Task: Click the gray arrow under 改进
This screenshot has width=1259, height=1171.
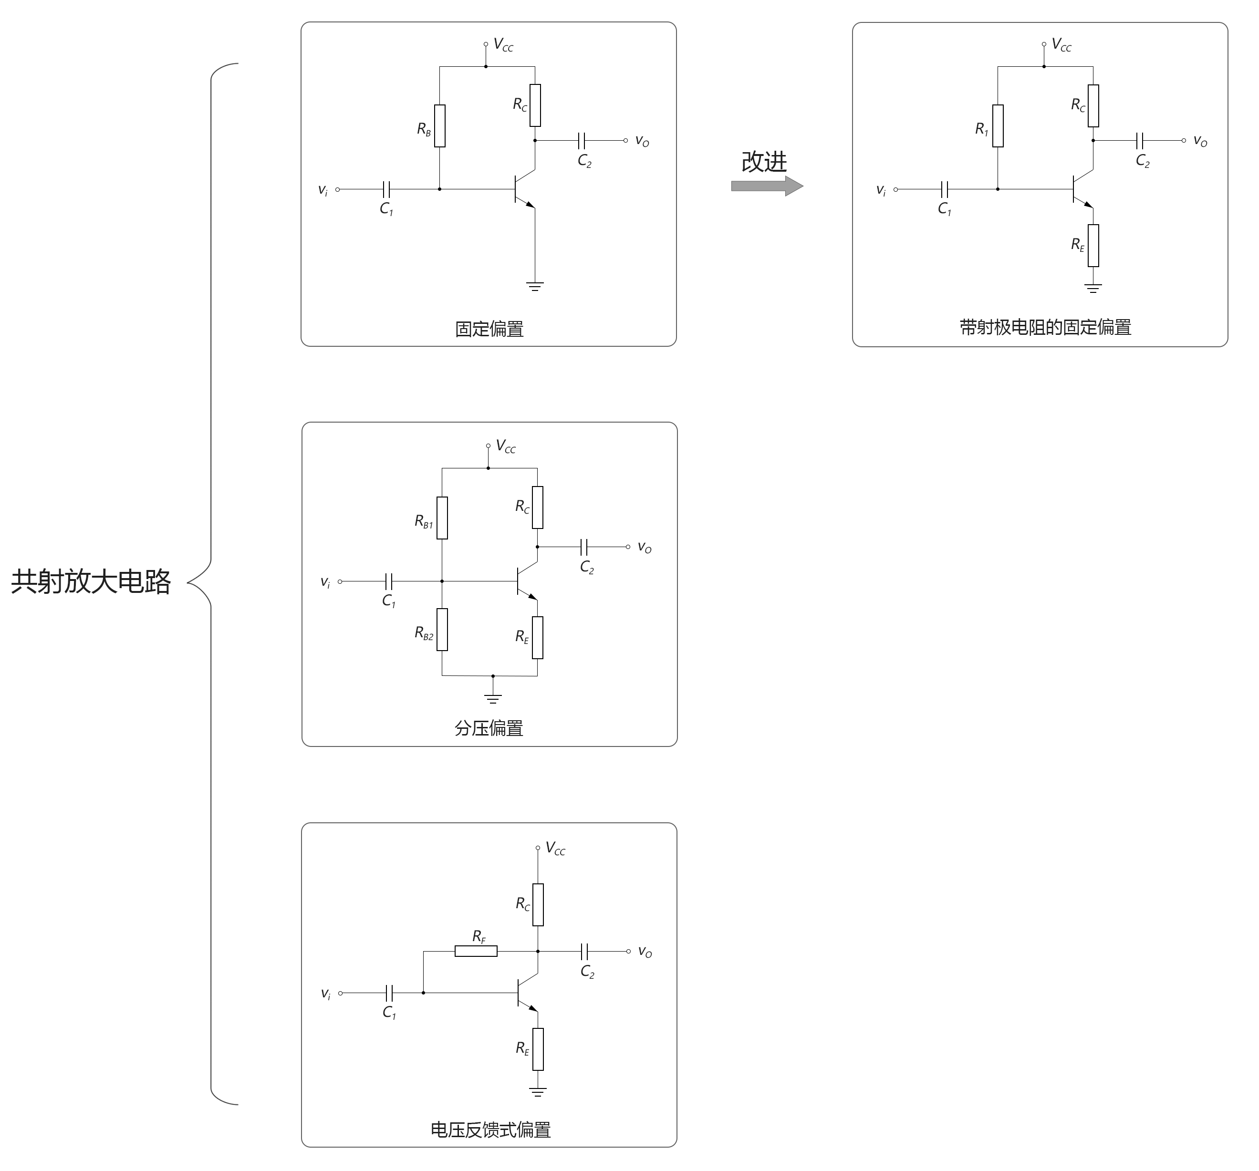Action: tap(766, 186)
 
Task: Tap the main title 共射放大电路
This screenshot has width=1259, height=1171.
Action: tap(91, 581)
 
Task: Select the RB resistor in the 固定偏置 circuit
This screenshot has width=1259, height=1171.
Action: tap(439, 126)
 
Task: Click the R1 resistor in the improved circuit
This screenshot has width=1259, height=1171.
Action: tap(998, 126)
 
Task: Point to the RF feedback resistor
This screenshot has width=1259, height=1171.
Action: tap(476, 951)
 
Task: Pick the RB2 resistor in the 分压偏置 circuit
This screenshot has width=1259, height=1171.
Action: tap(442, 630)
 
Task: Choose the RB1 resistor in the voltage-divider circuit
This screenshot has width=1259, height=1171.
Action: tap(442, 518)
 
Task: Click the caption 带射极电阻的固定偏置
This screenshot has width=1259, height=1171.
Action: tap(1045, 327)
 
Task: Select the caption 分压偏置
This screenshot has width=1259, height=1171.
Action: tap(489, 728)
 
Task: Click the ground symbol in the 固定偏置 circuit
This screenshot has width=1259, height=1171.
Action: tap(535, 286)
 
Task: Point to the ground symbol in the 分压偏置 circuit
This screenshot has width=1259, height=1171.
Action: tap(493, 699)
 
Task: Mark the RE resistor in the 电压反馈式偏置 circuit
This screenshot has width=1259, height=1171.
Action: tap(538, 1049)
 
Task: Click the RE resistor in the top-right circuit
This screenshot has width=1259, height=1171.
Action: tap(1093, 246)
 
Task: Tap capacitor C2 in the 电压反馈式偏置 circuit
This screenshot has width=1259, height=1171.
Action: tap(584, 951)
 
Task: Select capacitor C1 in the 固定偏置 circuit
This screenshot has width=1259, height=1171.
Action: tap(387, 189)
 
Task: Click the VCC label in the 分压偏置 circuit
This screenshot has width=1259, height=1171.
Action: tap(505, 446)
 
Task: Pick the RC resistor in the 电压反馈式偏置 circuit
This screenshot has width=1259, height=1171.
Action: tap(538, 904)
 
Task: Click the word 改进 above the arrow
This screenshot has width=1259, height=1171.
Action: tap(764, 162)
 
